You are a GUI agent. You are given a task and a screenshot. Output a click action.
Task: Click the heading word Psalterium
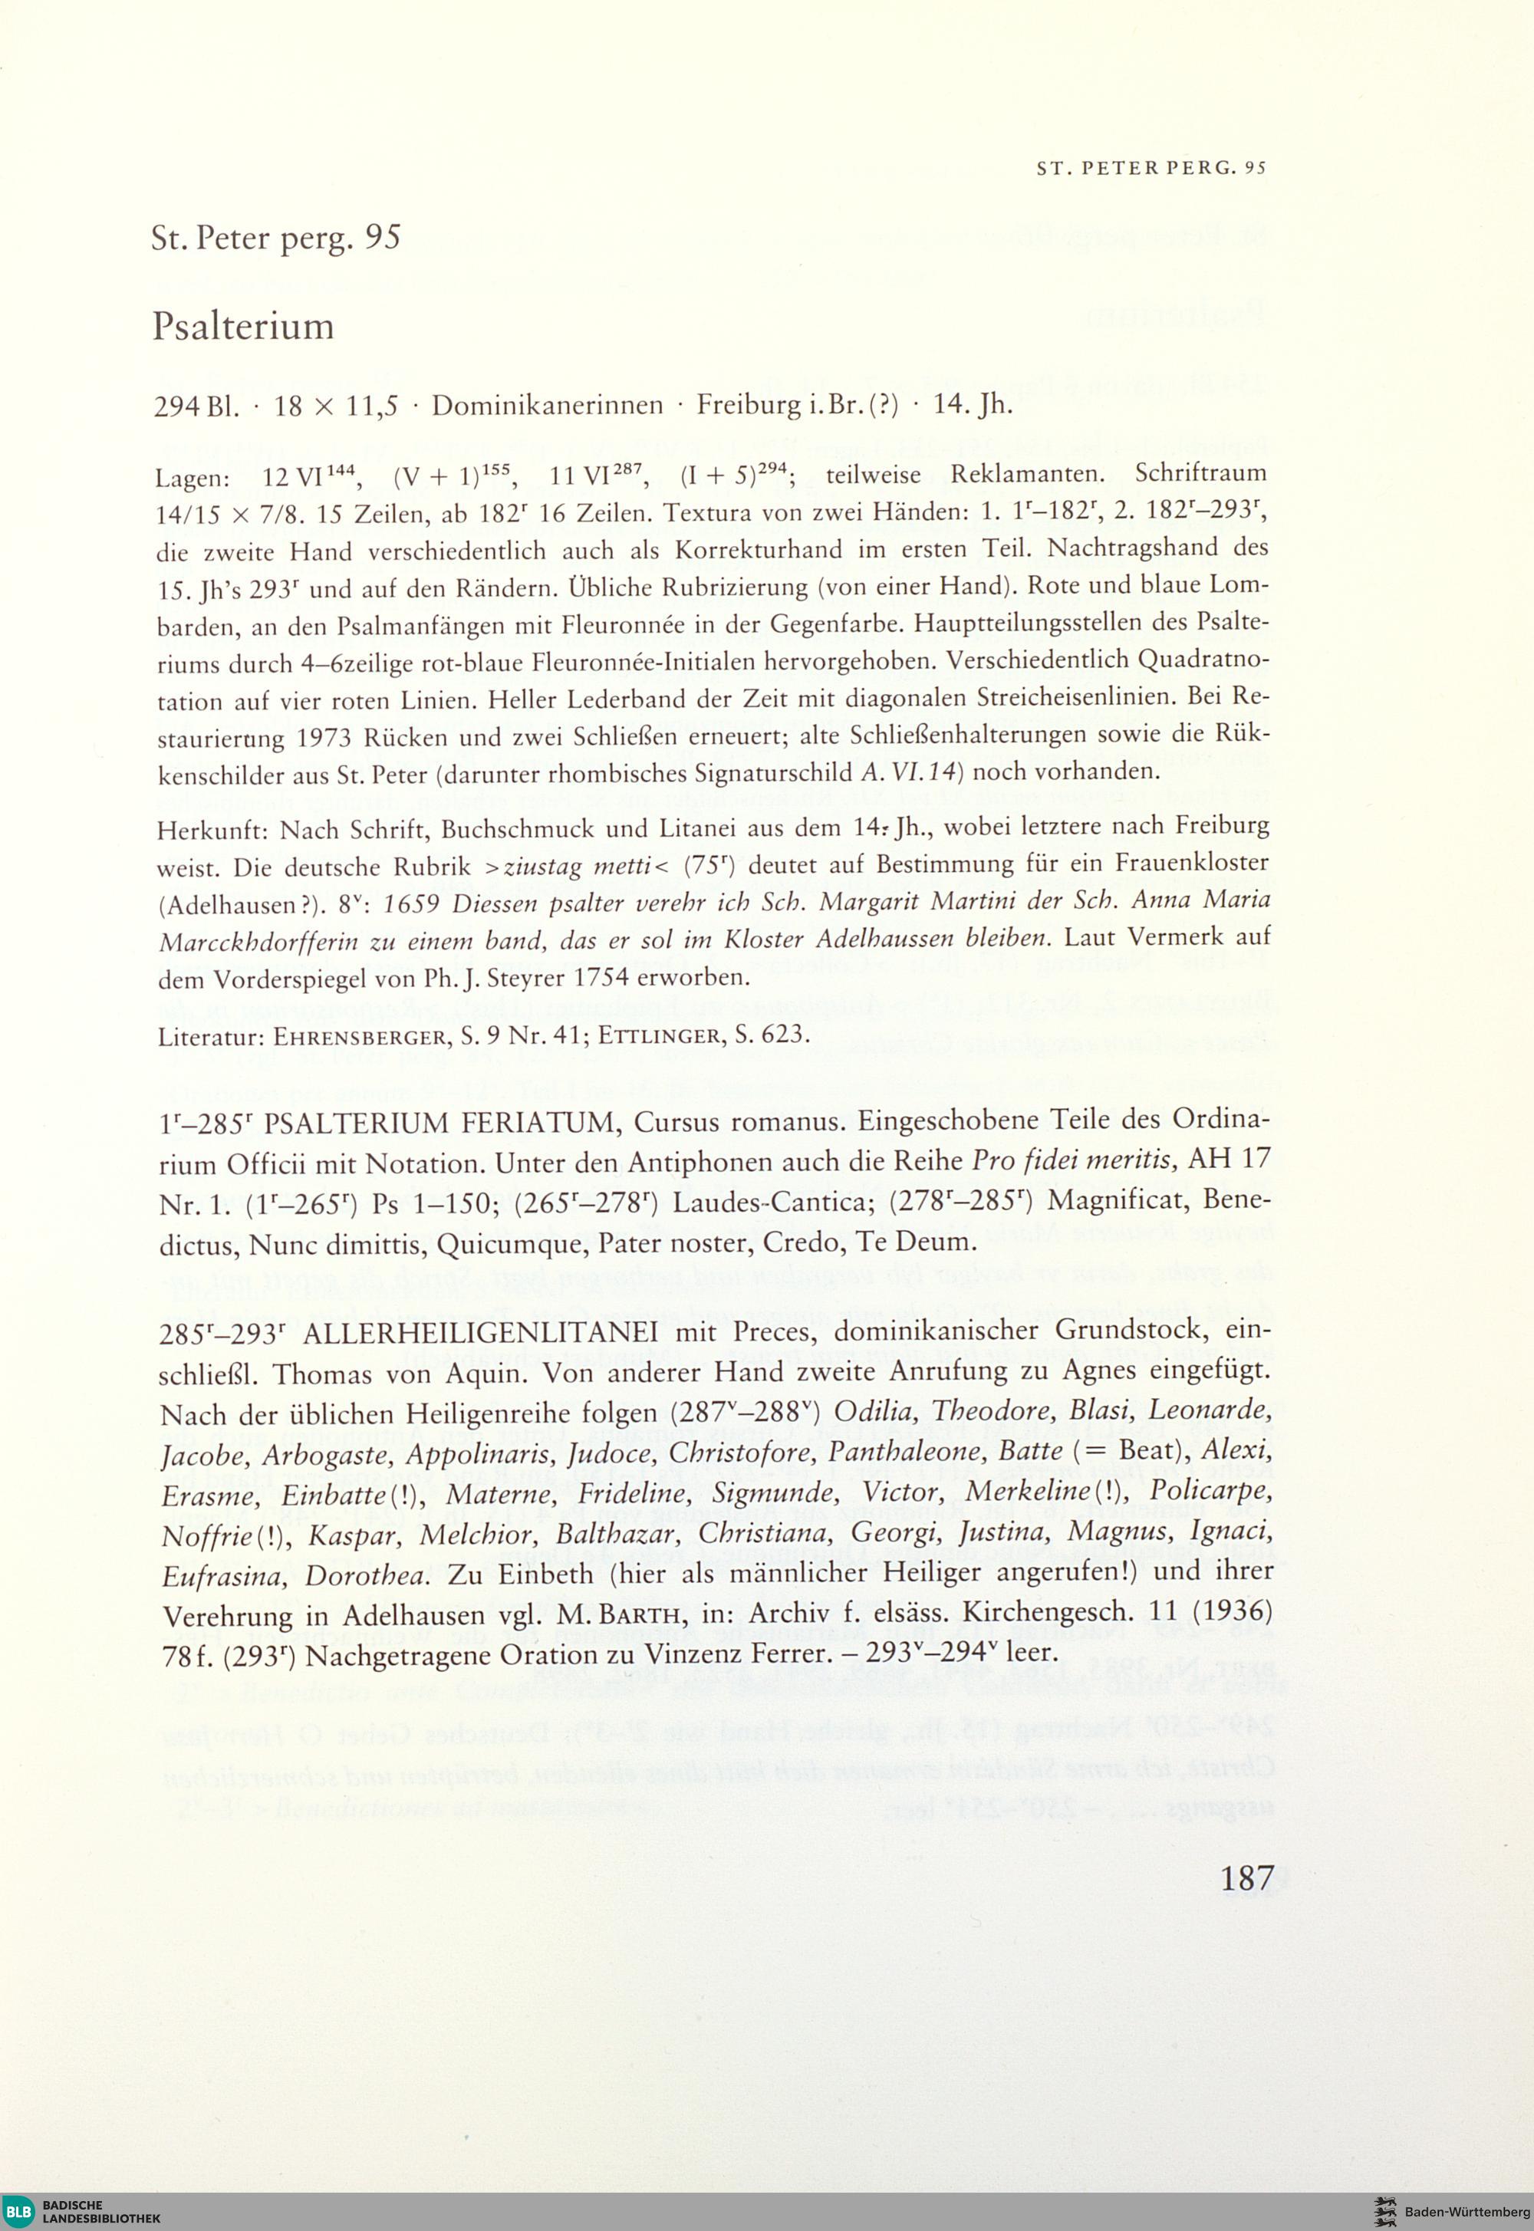coord(243,327)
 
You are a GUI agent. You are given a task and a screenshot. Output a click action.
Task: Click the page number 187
coord(1246,1877)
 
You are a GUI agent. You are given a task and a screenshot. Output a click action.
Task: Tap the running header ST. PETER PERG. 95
coord(1151,167)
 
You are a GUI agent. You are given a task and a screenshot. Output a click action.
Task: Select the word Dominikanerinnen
coord(547,406)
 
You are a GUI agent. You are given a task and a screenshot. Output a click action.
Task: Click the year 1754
coord(604,978)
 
